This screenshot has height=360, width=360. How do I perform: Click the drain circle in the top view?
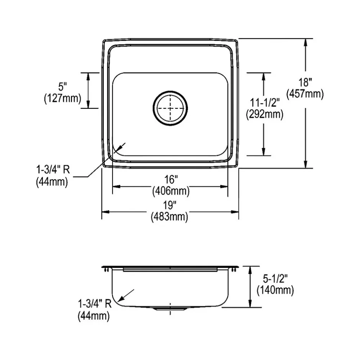(170, 91)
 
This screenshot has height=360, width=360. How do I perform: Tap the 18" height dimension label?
(305, 82)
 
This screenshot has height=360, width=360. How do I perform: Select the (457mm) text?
(305, 94)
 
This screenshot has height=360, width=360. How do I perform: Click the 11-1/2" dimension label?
(265, 102)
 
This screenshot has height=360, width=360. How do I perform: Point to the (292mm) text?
(265, 114)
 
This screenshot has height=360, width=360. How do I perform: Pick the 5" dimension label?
(62, 87)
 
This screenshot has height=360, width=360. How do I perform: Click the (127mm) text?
(62, 98)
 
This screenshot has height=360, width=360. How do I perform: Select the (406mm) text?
(171, 191)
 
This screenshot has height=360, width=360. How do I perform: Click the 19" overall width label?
(169, 205)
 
